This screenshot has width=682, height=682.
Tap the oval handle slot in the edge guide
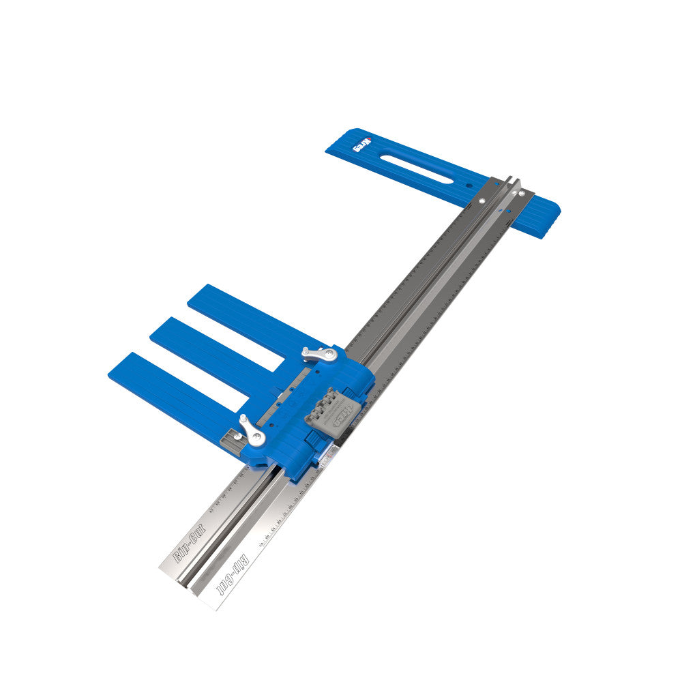pos(416,168)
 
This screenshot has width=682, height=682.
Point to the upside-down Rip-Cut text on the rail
pos(233,572)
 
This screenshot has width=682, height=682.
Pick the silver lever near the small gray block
pos(250,431)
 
